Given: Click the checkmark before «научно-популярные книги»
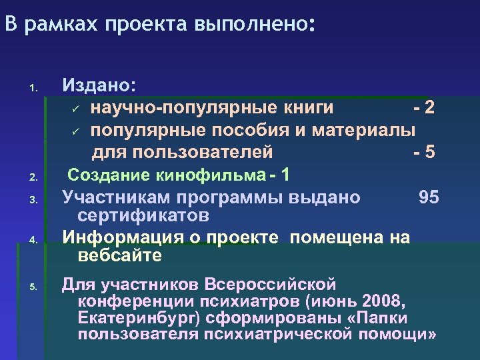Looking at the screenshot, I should (x=76, y=109).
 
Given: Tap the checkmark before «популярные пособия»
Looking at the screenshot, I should (x=76, y=130).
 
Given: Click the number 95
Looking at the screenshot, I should (x=429, y=197).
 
